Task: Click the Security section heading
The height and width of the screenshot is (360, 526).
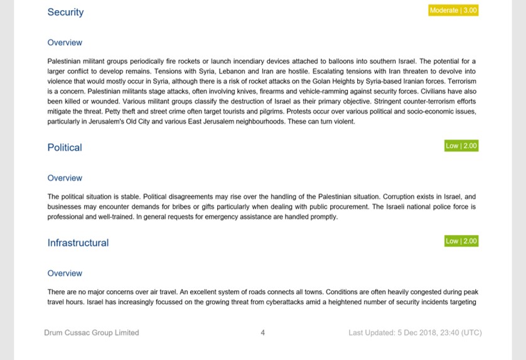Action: (65, 12)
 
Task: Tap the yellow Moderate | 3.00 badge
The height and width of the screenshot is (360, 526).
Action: (453, 11)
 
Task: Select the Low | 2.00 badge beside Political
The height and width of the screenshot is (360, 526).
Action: (461, 146)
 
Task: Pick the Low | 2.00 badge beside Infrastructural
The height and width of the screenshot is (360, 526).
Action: (461, 241)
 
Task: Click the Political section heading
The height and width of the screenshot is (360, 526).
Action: (65, 148)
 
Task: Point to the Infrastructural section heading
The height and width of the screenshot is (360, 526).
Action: (78, 243)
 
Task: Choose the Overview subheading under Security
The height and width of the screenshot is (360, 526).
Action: (65, 43)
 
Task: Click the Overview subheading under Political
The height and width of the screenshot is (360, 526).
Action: (65, 178)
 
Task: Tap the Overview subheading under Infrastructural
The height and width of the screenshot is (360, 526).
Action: (65, 273)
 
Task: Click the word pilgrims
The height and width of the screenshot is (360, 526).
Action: (270, 112)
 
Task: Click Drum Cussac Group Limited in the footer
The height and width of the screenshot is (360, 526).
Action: (92, 332)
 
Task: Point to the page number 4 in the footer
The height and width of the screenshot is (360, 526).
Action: (262, 332)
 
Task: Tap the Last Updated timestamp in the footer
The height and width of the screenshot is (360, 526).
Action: (415, 332)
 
